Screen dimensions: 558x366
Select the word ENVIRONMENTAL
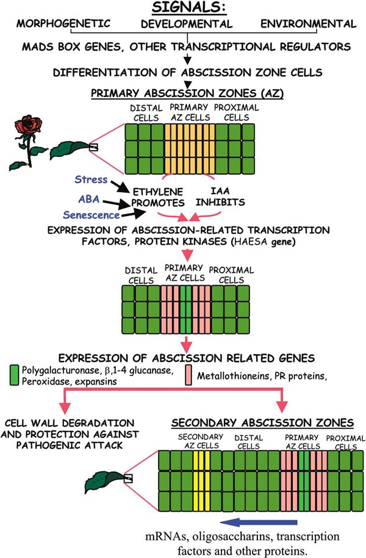pos(308,24)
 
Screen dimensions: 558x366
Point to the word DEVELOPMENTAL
pos(186,25)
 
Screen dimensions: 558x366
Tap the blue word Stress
pos(90,179)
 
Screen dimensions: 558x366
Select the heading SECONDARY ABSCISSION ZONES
pos(263,422)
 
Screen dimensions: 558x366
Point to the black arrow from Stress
pos(115,185)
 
